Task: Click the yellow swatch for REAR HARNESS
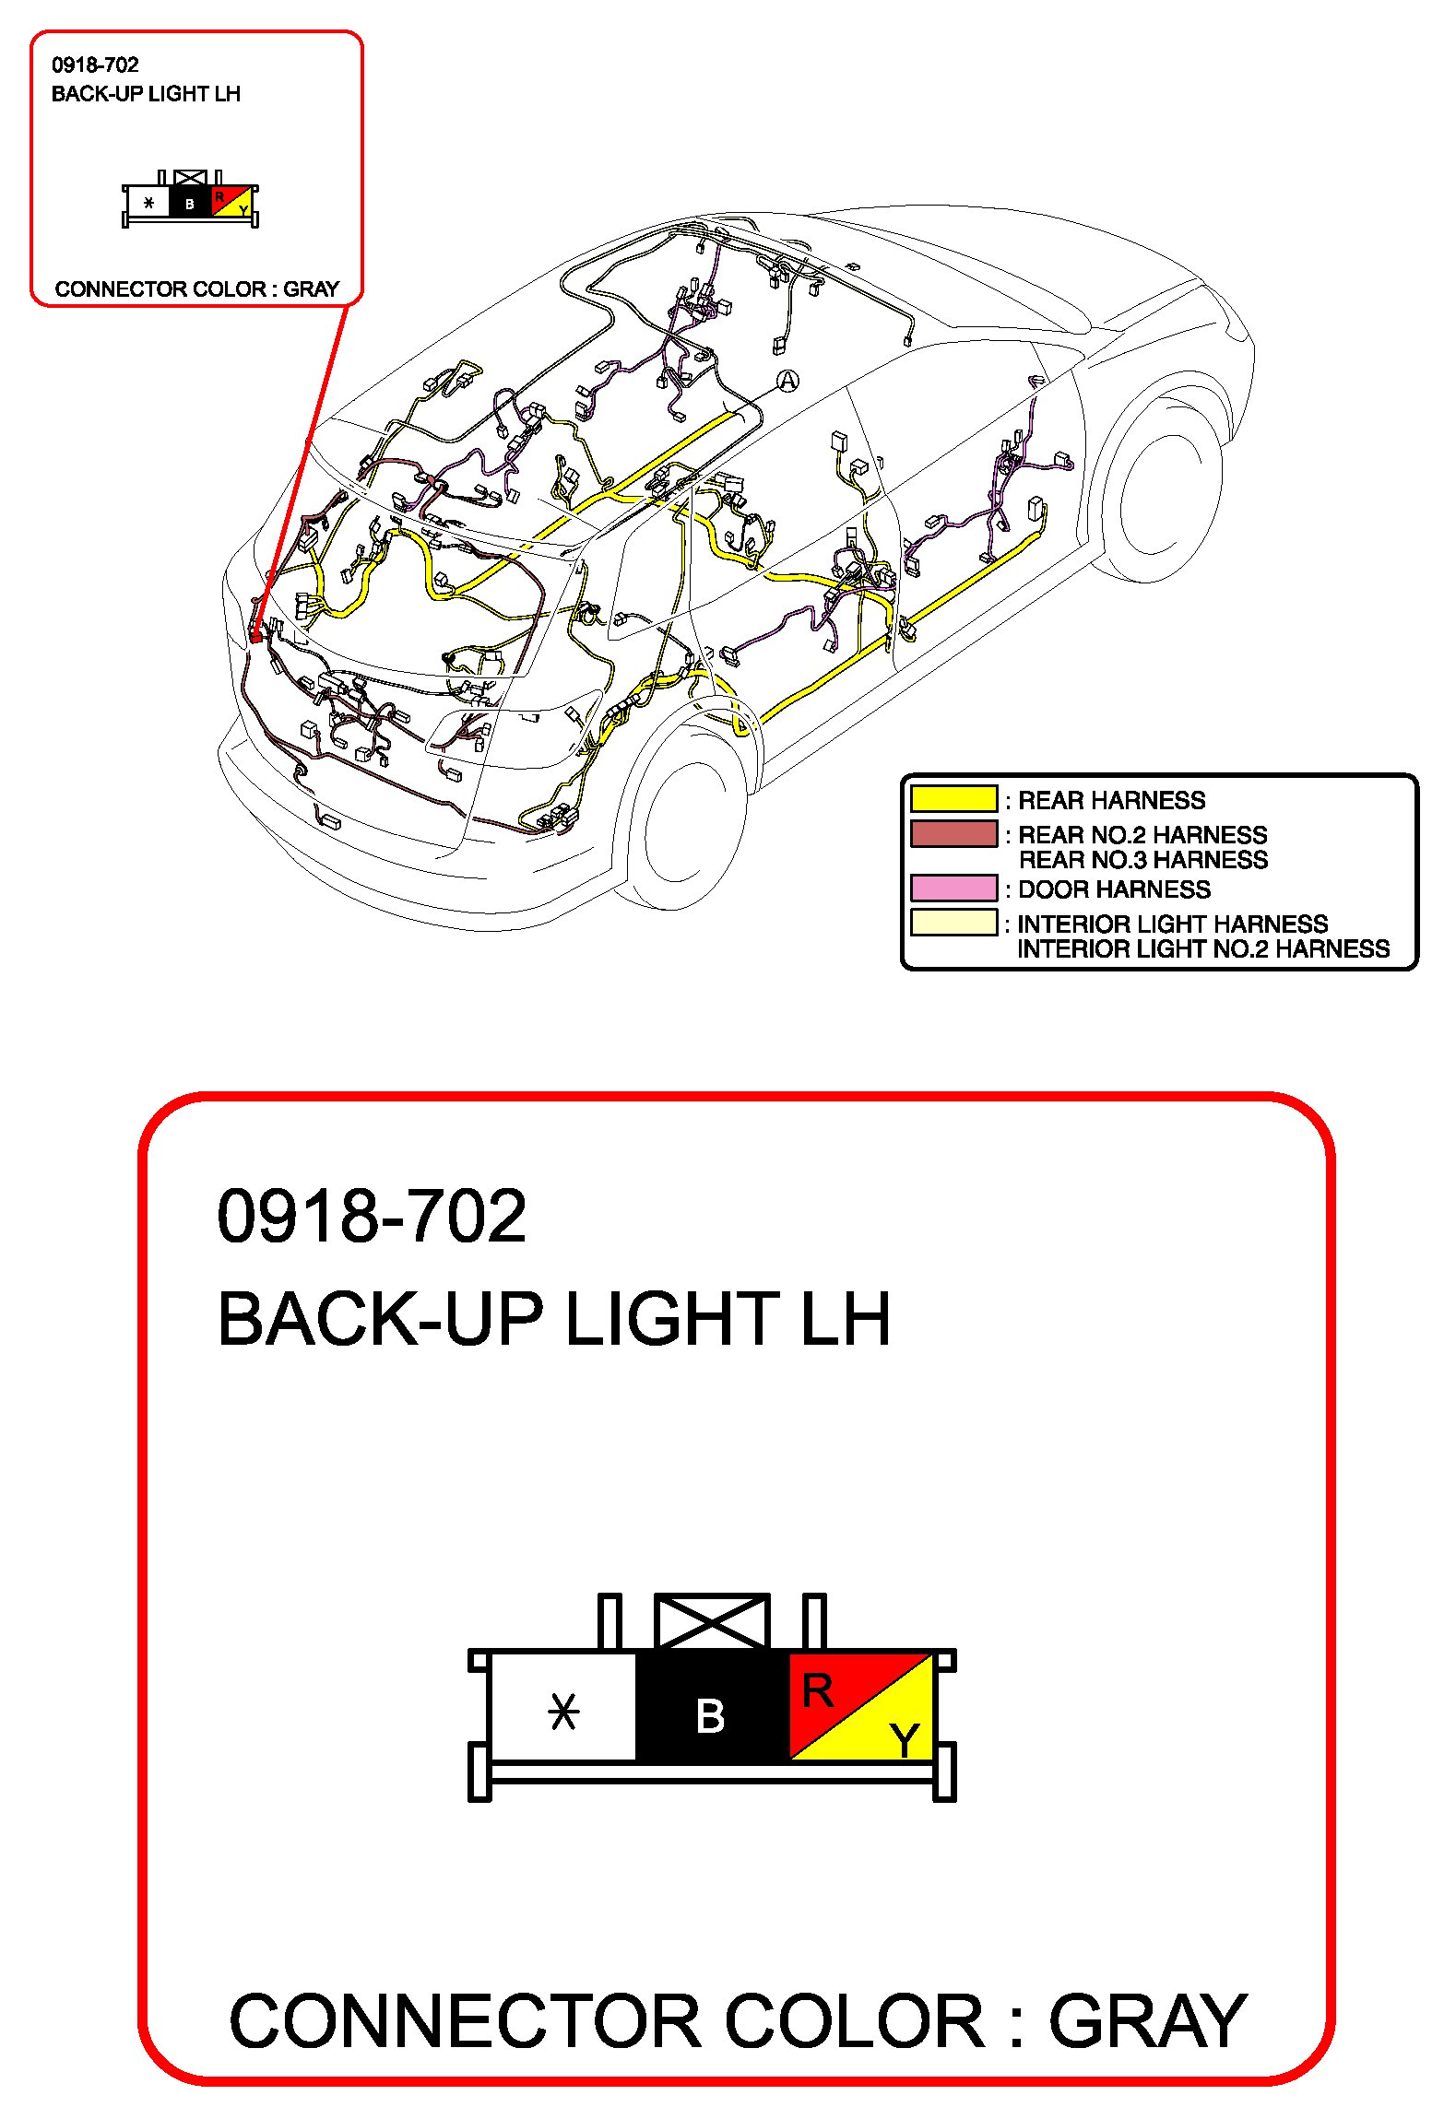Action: pos(953,798)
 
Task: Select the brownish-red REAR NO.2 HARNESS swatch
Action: pos(953,833)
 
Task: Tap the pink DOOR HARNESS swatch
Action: pos(953,888)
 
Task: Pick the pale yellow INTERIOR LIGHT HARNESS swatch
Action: pos(953,923)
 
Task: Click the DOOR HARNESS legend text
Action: pos(1114,889)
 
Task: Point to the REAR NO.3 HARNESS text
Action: pos(1143,860)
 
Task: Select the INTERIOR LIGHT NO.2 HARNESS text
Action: pos(1202,949)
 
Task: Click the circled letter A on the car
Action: pos(787,381)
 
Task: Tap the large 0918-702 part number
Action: pos(371,1217)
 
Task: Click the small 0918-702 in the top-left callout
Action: pos(95,65)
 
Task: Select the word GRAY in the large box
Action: pos(1147,2022)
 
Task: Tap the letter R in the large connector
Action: pos(817,1691)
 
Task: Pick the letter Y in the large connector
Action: pos(905,1740)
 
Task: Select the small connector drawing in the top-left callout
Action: pos(190,199)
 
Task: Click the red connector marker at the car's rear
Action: pos(256,634)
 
